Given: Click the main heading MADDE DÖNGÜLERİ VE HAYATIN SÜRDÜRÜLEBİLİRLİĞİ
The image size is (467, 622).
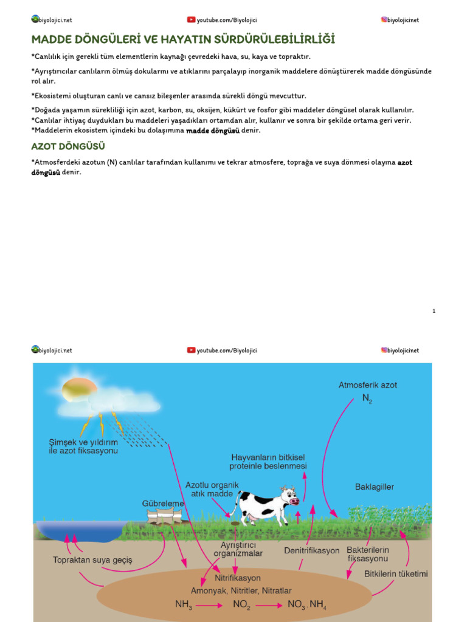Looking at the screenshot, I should click(183, 40).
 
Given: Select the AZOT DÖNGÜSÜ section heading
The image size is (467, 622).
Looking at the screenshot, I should click(68, 147).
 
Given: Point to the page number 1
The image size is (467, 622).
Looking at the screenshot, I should click(434, 311).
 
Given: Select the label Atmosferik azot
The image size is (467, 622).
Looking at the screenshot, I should click(367, 385).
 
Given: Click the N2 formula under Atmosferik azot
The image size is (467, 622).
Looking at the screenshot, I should click(367, 399).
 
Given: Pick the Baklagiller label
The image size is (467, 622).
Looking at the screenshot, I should click(374, 487).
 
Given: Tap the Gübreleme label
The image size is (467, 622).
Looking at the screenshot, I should click(163, 504).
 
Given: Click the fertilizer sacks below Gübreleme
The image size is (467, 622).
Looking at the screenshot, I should click(164, 518).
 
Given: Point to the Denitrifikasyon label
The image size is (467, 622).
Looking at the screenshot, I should click(311, 551).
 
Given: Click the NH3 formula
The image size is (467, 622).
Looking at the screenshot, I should click(183, 605).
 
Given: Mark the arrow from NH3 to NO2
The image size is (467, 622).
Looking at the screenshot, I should click(209, 606).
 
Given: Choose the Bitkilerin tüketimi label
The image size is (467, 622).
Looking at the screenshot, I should click(396, 574).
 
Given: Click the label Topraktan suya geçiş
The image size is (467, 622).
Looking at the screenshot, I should click(92, 559).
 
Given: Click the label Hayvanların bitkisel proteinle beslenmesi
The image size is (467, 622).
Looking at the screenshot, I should click(268, 461).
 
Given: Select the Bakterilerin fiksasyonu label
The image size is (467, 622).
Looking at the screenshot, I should click(367, 554).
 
